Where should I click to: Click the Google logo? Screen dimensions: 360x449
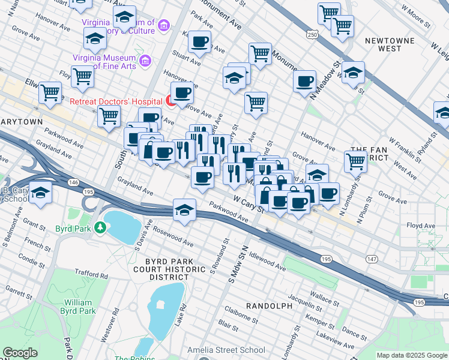pyautogui.click(x=20, y=353)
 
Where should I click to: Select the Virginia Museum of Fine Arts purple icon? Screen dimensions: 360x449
pyautogui.click(x=145, y=61)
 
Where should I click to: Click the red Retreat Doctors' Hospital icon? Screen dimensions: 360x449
pyautogui.click(x=170, y=101)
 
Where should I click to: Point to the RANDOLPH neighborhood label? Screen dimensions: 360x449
pyautogui.click(x=269, y=306)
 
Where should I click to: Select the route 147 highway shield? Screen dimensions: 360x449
pyautogui.click(x=372, y=257)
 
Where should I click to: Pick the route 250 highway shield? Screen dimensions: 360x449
pyautogui.click(x=312, y=35)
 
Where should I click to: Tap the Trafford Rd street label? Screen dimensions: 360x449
pyautogui.click(x=92, y=276)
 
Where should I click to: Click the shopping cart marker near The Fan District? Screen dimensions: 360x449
pyautogui.click(x=355, y=160)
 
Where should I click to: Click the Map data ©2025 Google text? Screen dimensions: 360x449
pyautogui.click(x=411, y=355)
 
